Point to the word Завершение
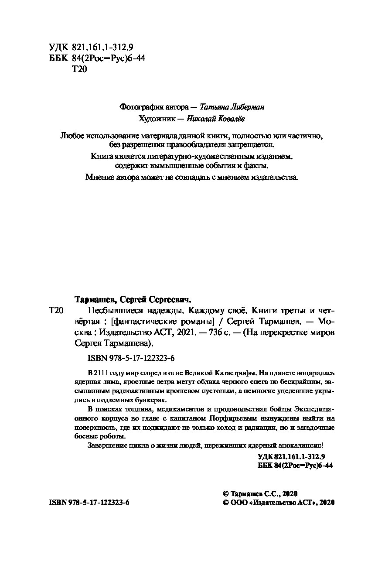point(104,445)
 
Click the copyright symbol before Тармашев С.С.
point(226,494)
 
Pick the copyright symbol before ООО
point(226,503)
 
